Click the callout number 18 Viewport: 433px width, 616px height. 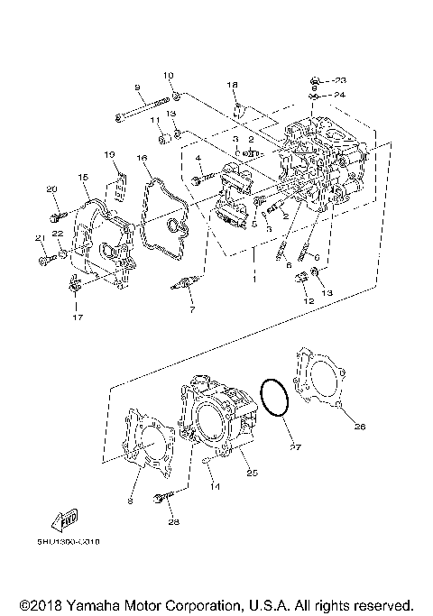232,84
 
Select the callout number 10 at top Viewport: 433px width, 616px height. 168,74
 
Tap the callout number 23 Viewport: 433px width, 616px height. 339,80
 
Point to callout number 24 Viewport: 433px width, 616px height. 339,94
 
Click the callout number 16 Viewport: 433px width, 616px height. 141,158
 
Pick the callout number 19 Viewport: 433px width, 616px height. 109,154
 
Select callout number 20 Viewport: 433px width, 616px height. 51,188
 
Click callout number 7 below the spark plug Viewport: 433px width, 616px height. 191,310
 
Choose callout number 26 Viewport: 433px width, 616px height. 359,427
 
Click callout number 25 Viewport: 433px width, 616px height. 252,472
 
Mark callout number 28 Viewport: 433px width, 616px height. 174,521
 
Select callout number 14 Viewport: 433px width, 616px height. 215,486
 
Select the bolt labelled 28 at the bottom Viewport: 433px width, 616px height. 163,498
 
